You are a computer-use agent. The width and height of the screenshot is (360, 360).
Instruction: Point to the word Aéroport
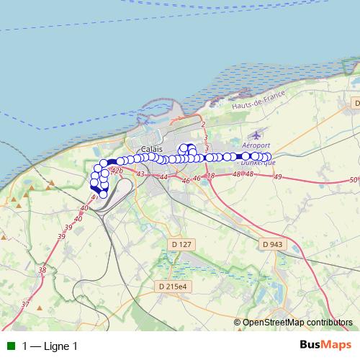coord(251,145)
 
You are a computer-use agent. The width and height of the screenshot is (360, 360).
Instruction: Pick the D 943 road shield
coord(272,245)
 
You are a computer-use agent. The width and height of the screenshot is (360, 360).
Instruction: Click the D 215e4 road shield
coord(172,287)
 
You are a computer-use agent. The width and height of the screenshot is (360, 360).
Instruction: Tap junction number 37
coord(25,305)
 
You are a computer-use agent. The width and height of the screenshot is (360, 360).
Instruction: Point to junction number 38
coord(42,271)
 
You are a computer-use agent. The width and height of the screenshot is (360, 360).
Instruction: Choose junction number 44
coord(164,177)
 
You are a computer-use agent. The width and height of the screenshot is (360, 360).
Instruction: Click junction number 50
coord(353,180)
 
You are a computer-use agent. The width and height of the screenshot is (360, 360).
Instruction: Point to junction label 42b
coord(117,171)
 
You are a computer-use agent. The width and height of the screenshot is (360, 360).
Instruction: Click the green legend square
coord(11,346)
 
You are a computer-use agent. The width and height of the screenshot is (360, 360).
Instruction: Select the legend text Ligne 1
coord(60,346)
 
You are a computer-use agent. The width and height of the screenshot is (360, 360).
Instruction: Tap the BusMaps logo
coord(325,345)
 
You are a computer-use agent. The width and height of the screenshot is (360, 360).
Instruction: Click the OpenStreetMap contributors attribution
coord(297,323)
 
